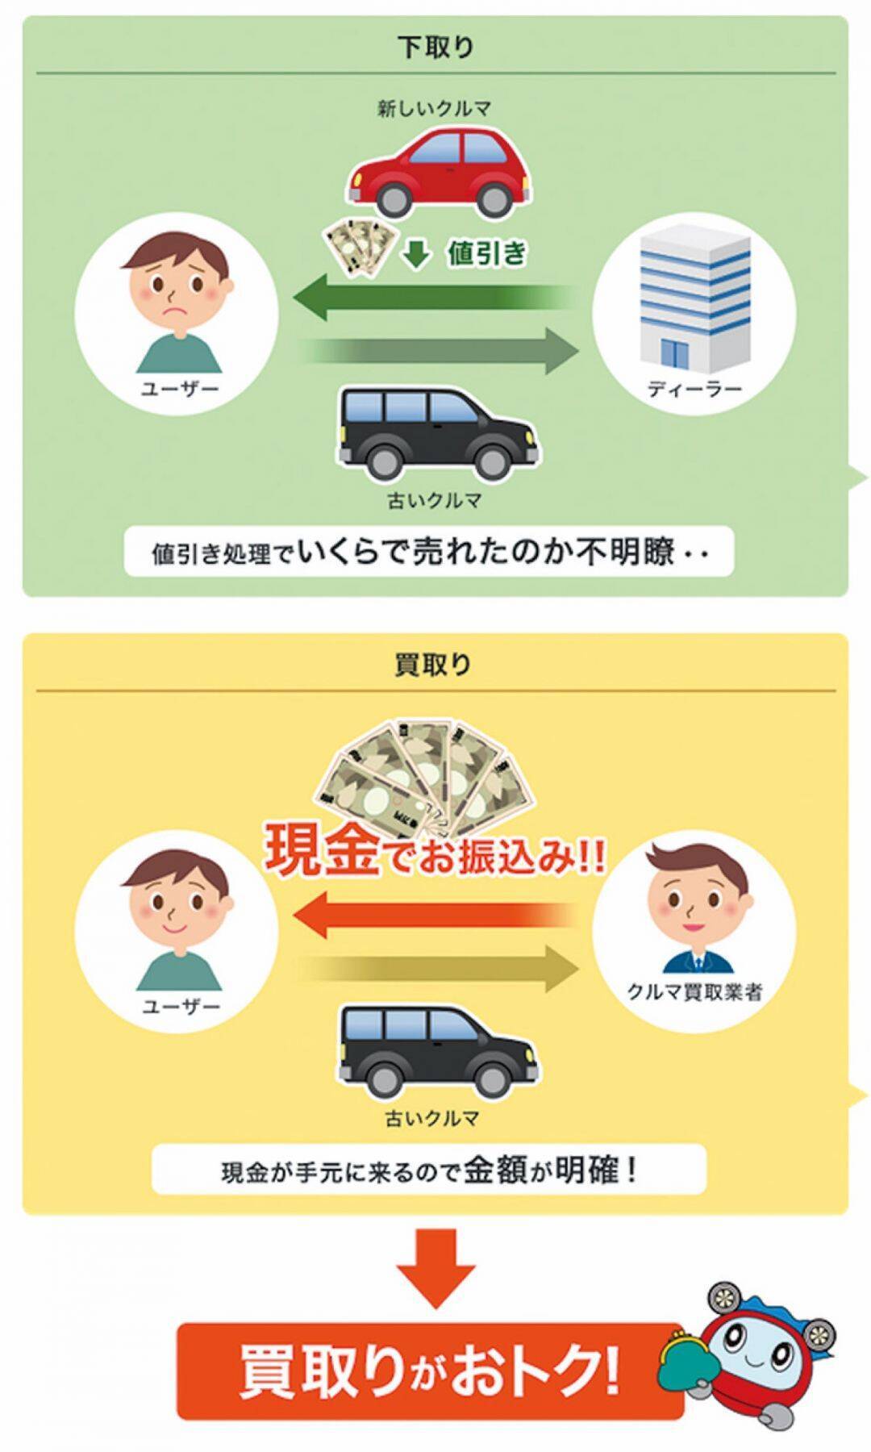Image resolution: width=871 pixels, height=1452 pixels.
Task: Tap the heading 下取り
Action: (435, 47)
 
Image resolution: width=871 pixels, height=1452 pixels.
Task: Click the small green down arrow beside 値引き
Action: (417, 254)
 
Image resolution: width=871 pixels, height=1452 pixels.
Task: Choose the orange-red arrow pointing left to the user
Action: (435, 916)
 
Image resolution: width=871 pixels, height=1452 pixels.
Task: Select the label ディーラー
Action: (694, 390)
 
